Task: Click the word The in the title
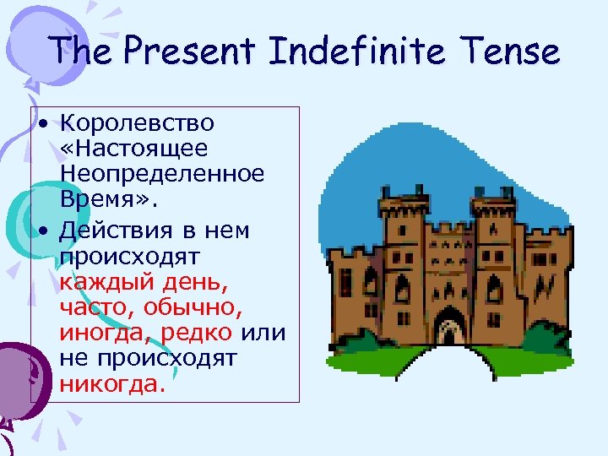coord(79,52)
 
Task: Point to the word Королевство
coord(137,123)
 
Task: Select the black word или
coord(263,333)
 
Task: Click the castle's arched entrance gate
coord(450,328)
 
